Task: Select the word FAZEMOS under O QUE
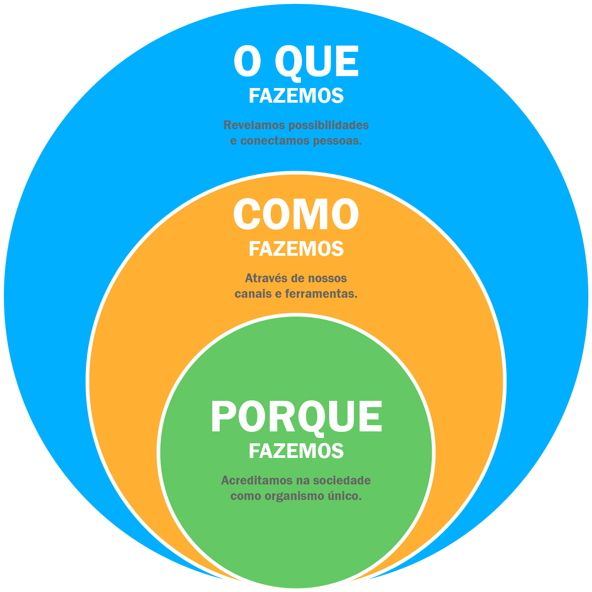[x=296, y=96]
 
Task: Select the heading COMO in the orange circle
[x=296, y=215]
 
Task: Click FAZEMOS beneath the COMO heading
[x=296, y=249]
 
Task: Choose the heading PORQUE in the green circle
[x=296, y=417]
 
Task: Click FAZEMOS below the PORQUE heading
[x=296, y=451]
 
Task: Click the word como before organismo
[x=246, y=496]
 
